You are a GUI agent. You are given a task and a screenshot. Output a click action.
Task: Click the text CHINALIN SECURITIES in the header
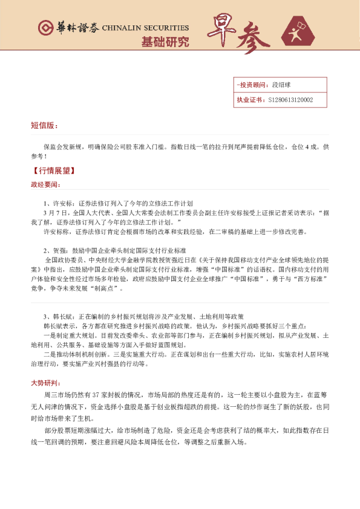click(145, 28)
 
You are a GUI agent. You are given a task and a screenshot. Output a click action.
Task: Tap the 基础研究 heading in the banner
click(165, 42)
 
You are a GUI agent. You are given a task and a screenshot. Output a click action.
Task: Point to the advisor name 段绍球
click(282, 86)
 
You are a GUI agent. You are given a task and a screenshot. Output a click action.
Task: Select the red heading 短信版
click(44, 126)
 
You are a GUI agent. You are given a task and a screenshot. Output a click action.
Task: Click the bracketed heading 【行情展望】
click(53, 171)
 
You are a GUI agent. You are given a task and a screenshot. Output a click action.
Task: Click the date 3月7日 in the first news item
click(54, 213)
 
